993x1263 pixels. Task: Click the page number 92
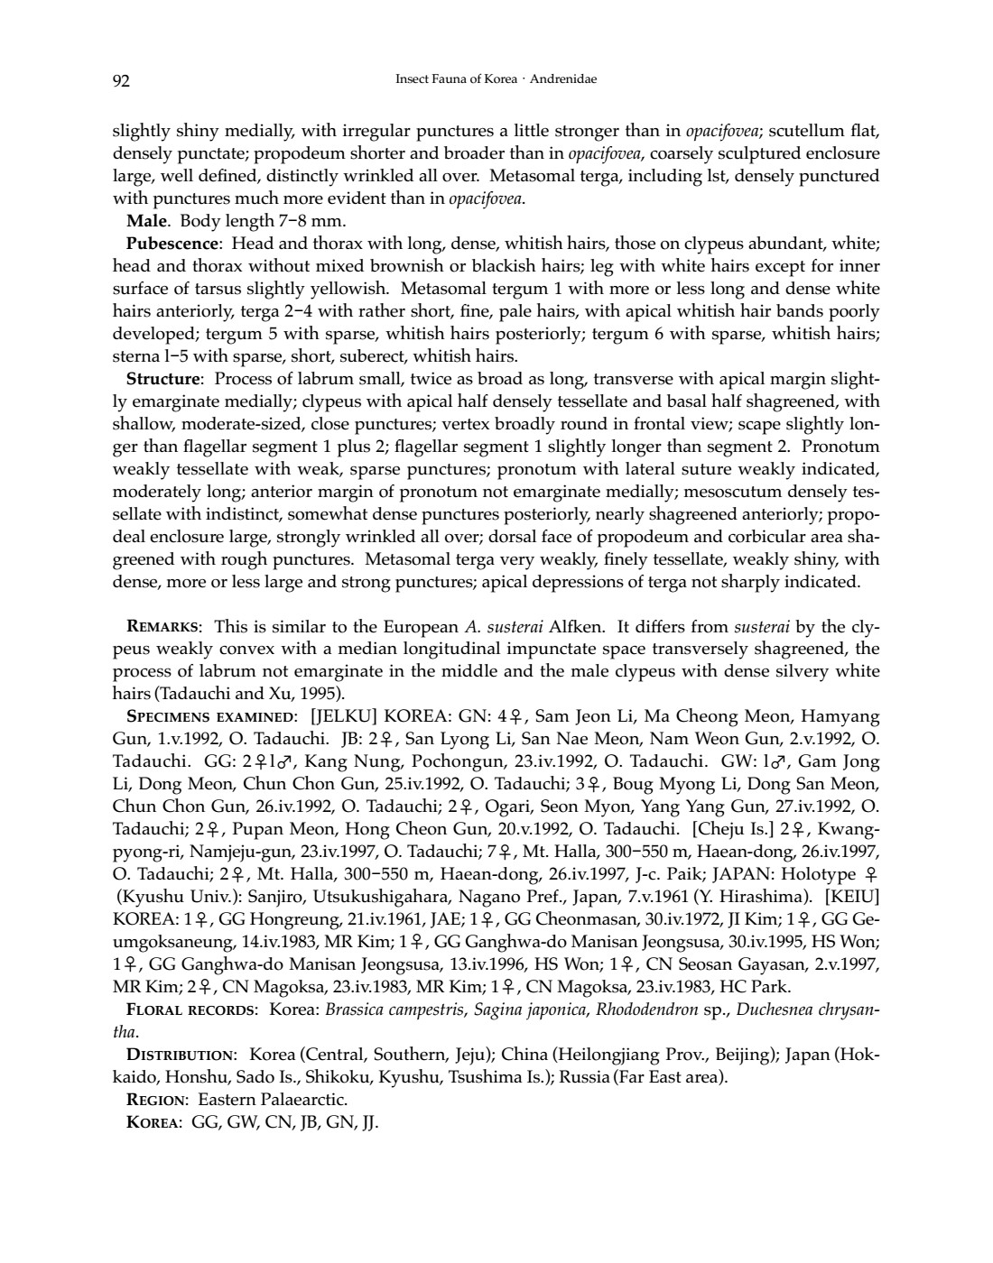tap(121, 80)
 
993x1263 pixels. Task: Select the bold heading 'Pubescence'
tap(172, 244)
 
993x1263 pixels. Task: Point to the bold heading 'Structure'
tap(165, 379)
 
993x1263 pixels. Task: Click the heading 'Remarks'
tap(164, 627)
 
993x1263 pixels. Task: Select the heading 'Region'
tap(157, 1100)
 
